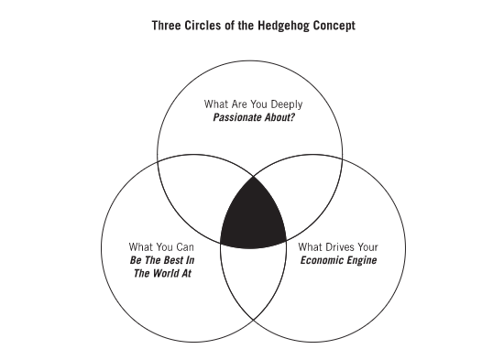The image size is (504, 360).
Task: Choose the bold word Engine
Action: coord(361,260)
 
